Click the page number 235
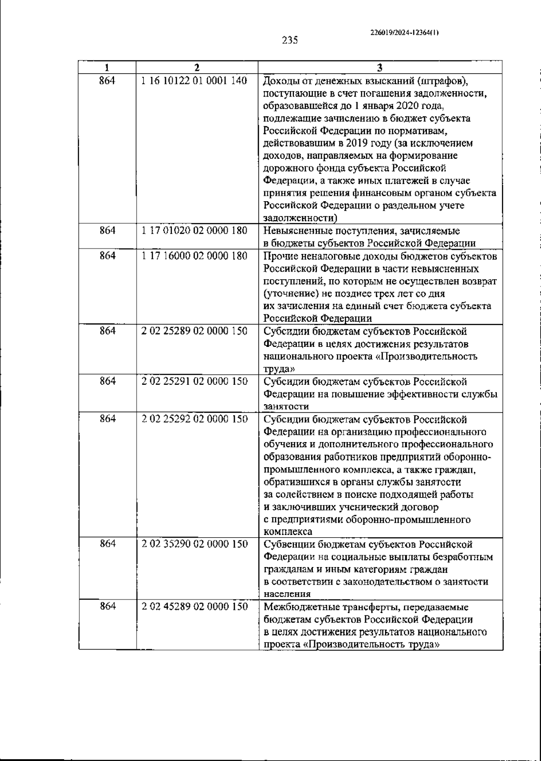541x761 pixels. (x=290, y=40)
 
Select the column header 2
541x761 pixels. (x=197, y=68)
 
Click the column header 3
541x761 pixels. (x=380, y=68)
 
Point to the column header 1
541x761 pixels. (x=107, y=68)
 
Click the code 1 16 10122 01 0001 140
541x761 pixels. (x=194, y=81)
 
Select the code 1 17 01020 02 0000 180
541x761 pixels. (x=194, y=231)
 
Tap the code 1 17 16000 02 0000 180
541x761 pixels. (x=194, y=256)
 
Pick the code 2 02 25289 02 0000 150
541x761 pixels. (x=194, y=331)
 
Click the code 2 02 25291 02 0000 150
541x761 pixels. (x=194, y=381)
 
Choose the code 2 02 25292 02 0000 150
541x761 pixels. (x=194, y=419)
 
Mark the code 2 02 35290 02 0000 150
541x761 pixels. (x=194, y=544)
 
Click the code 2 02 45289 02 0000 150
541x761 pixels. (x=194, y=606)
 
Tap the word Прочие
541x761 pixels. (x=278, y=256)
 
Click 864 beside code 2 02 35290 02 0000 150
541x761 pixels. (x=107, y=544)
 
